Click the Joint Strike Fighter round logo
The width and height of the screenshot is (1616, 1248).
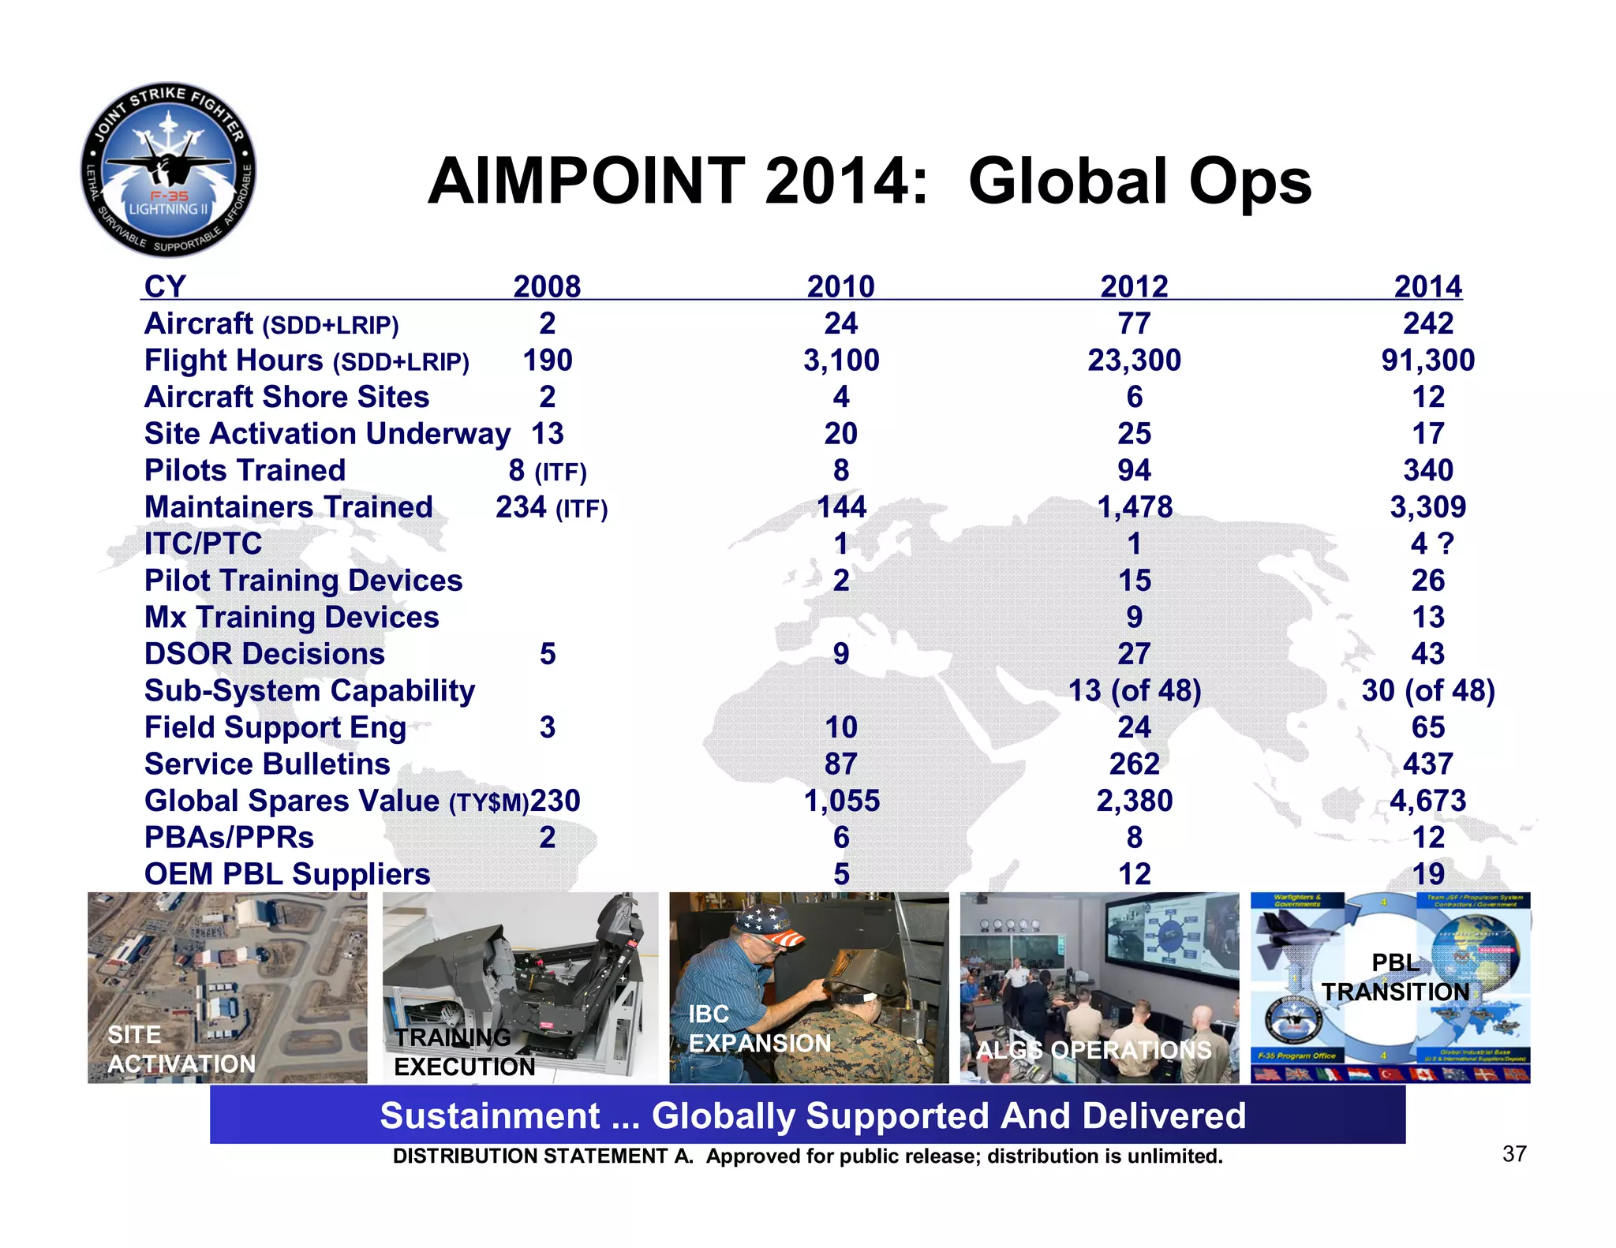coord(168,170)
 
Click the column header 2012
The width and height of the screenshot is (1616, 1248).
coord(1134,286)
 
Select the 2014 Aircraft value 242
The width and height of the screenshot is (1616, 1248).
coord(1427,323)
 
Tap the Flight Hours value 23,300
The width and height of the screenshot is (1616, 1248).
coord(1134,361)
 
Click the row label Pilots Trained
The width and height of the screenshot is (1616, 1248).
coord(245,470)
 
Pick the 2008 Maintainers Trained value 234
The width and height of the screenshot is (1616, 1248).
coord(522,507)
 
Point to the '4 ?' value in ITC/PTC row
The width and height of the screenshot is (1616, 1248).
coord(1431,544)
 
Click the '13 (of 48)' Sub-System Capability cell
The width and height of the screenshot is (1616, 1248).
coord(1134,690)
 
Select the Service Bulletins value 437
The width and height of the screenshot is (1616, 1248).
coord(1427,764)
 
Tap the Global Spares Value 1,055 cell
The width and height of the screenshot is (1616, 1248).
coord(841,801)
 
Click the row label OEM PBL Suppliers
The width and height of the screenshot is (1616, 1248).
coord(287,874)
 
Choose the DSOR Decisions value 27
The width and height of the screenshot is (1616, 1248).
coord(1134,654)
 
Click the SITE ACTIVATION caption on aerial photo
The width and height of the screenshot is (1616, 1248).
coord(181,1050)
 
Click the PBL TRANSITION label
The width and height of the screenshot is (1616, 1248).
coord(1395,977)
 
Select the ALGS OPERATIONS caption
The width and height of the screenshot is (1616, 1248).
coord(1094,1050)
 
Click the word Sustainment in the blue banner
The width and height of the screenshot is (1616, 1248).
coord(489,1115)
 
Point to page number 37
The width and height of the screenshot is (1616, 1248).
coord(1513,1154)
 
